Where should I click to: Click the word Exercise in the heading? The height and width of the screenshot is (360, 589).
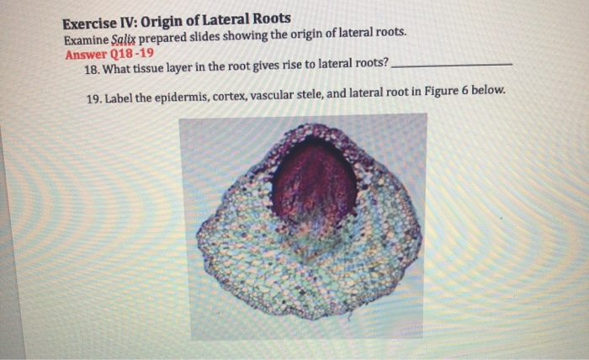(x=93, y=19)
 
